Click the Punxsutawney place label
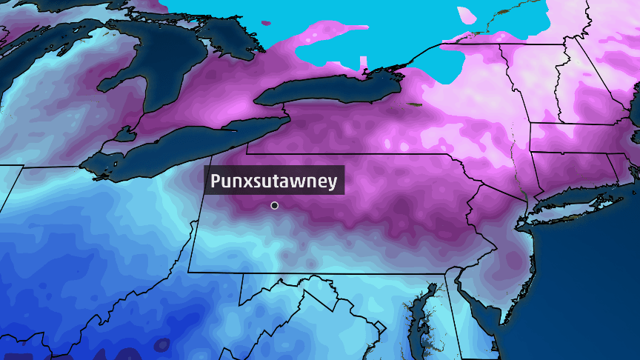(274, 181)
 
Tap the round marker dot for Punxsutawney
(275, 205)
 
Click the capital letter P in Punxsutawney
(216, 181)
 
